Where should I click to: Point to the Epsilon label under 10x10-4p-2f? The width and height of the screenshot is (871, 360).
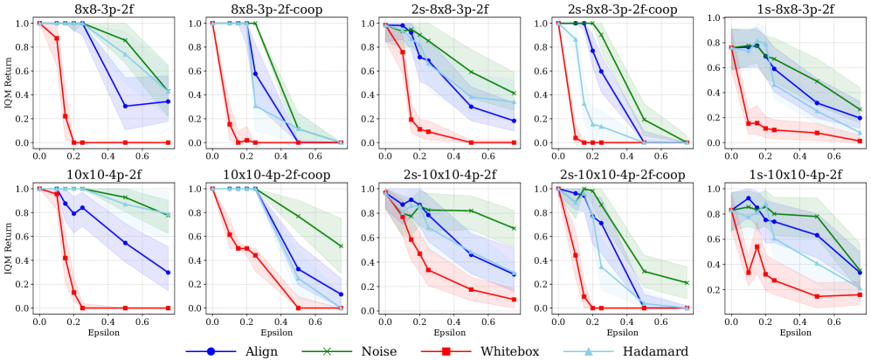[103, 332]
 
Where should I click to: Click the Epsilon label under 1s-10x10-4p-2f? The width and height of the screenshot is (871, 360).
[795, 332]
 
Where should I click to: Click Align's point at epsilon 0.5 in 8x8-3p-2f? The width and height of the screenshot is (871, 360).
[126, 106]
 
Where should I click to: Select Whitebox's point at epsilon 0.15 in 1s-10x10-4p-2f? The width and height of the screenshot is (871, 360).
[757, 246]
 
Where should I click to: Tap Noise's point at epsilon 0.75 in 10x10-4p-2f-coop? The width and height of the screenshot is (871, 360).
[341, 246]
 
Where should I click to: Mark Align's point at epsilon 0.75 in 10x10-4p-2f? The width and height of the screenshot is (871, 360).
[168, 273]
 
